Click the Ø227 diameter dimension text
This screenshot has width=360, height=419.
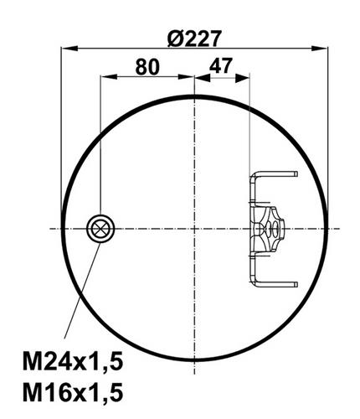(x=194, y=39)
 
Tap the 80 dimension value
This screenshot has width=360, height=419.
(x=147, y=67)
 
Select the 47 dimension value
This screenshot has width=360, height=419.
(x=220, y=66)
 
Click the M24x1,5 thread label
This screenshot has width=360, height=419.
(x=73, y=362)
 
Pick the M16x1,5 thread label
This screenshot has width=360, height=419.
(x=73, y=393)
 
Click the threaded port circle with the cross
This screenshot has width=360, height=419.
(x=100, y=229)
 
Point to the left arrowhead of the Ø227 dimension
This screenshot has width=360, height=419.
(x=69, y=49)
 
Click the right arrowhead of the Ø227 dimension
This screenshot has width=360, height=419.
(x=319, y=49)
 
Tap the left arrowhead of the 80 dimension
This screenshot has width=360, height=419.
(x=109, y=77)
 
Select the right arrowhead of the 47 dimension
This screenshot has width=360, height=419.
(x=241, y=78)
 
